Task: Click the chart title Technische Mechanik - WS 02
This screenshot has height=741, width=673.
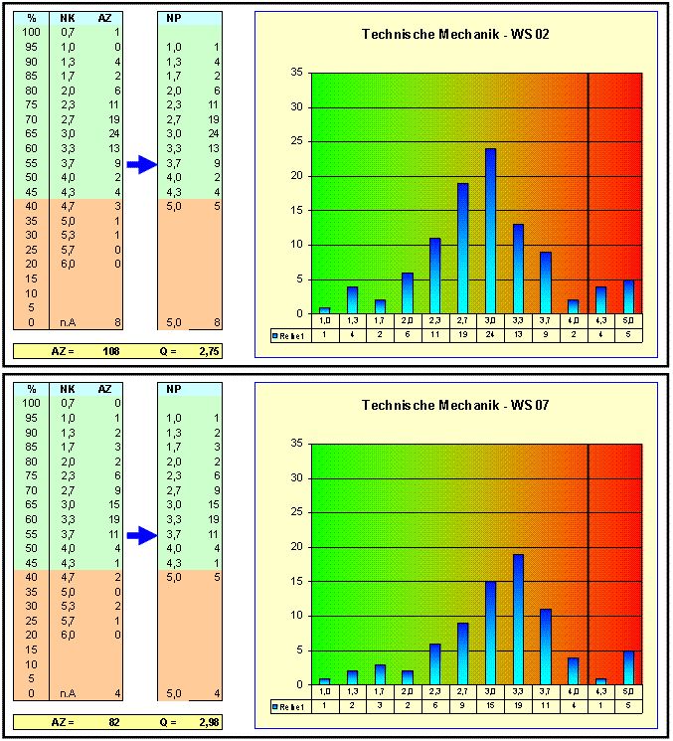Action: coord(455,35)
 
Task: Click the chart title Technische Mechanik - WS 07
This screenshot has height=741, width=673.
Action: coord(455,405)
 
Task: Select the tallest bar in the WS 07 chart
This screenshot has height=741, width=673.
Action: coord(518,619)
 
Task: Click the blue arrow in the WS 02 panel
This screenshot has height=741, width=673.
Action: coord(142,165)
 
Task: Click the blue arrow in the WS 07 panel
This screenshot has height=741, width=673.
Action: coord(142,536)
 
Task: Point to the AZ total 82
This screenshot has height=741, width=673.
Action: coord(113,720)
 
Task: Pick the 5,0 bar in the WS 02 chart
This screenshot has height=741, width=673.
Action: coord(628,296)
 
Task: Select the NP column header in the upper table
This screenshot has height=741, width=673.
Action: coord(175,18)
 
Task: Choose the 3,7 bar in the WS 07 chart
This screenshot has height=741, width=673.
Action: coord(546,647)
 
